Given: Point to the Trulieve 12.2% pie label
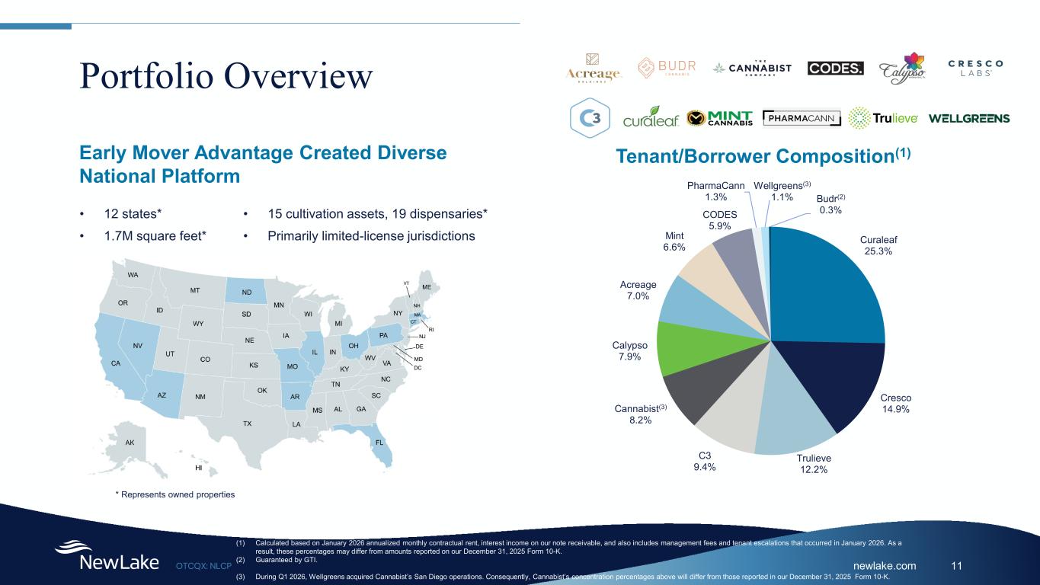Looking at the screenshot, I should coord(814,464).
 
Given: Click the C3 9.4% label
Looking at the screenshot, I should coord(703,461).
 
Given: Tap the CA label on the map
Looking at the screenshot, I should coord(116,363).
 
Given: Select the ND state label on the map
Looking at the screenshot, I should coord(247,292).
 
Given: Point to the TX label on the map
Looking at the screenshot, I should coord(247,423).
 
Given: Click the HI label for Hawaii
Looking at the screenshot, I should coord(199,468).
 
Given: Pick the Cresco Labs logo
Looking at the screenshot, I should coord(975,67).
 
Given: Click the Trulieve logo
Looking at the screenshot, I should coord(883,118).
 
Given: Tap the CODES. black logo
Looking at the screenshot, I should coord(836,68).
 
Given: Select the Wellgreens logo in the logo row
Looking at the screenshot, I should coord(969,118).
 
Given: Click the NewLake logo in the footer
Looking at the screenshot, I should coord(107,556).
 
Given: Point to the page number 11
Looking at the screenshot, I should coord(958,566).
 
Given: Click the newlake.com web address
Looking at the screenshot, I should coord(884,566).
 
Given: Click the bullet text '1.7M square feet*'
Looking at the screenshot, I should coord(155,236).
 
